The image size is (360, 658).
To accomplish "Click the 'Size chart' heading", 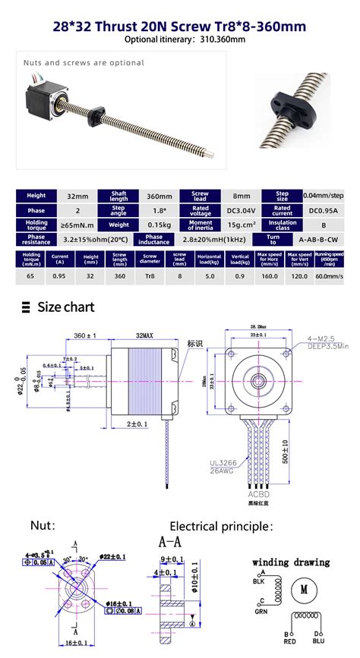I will click(x=66, y=307).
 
